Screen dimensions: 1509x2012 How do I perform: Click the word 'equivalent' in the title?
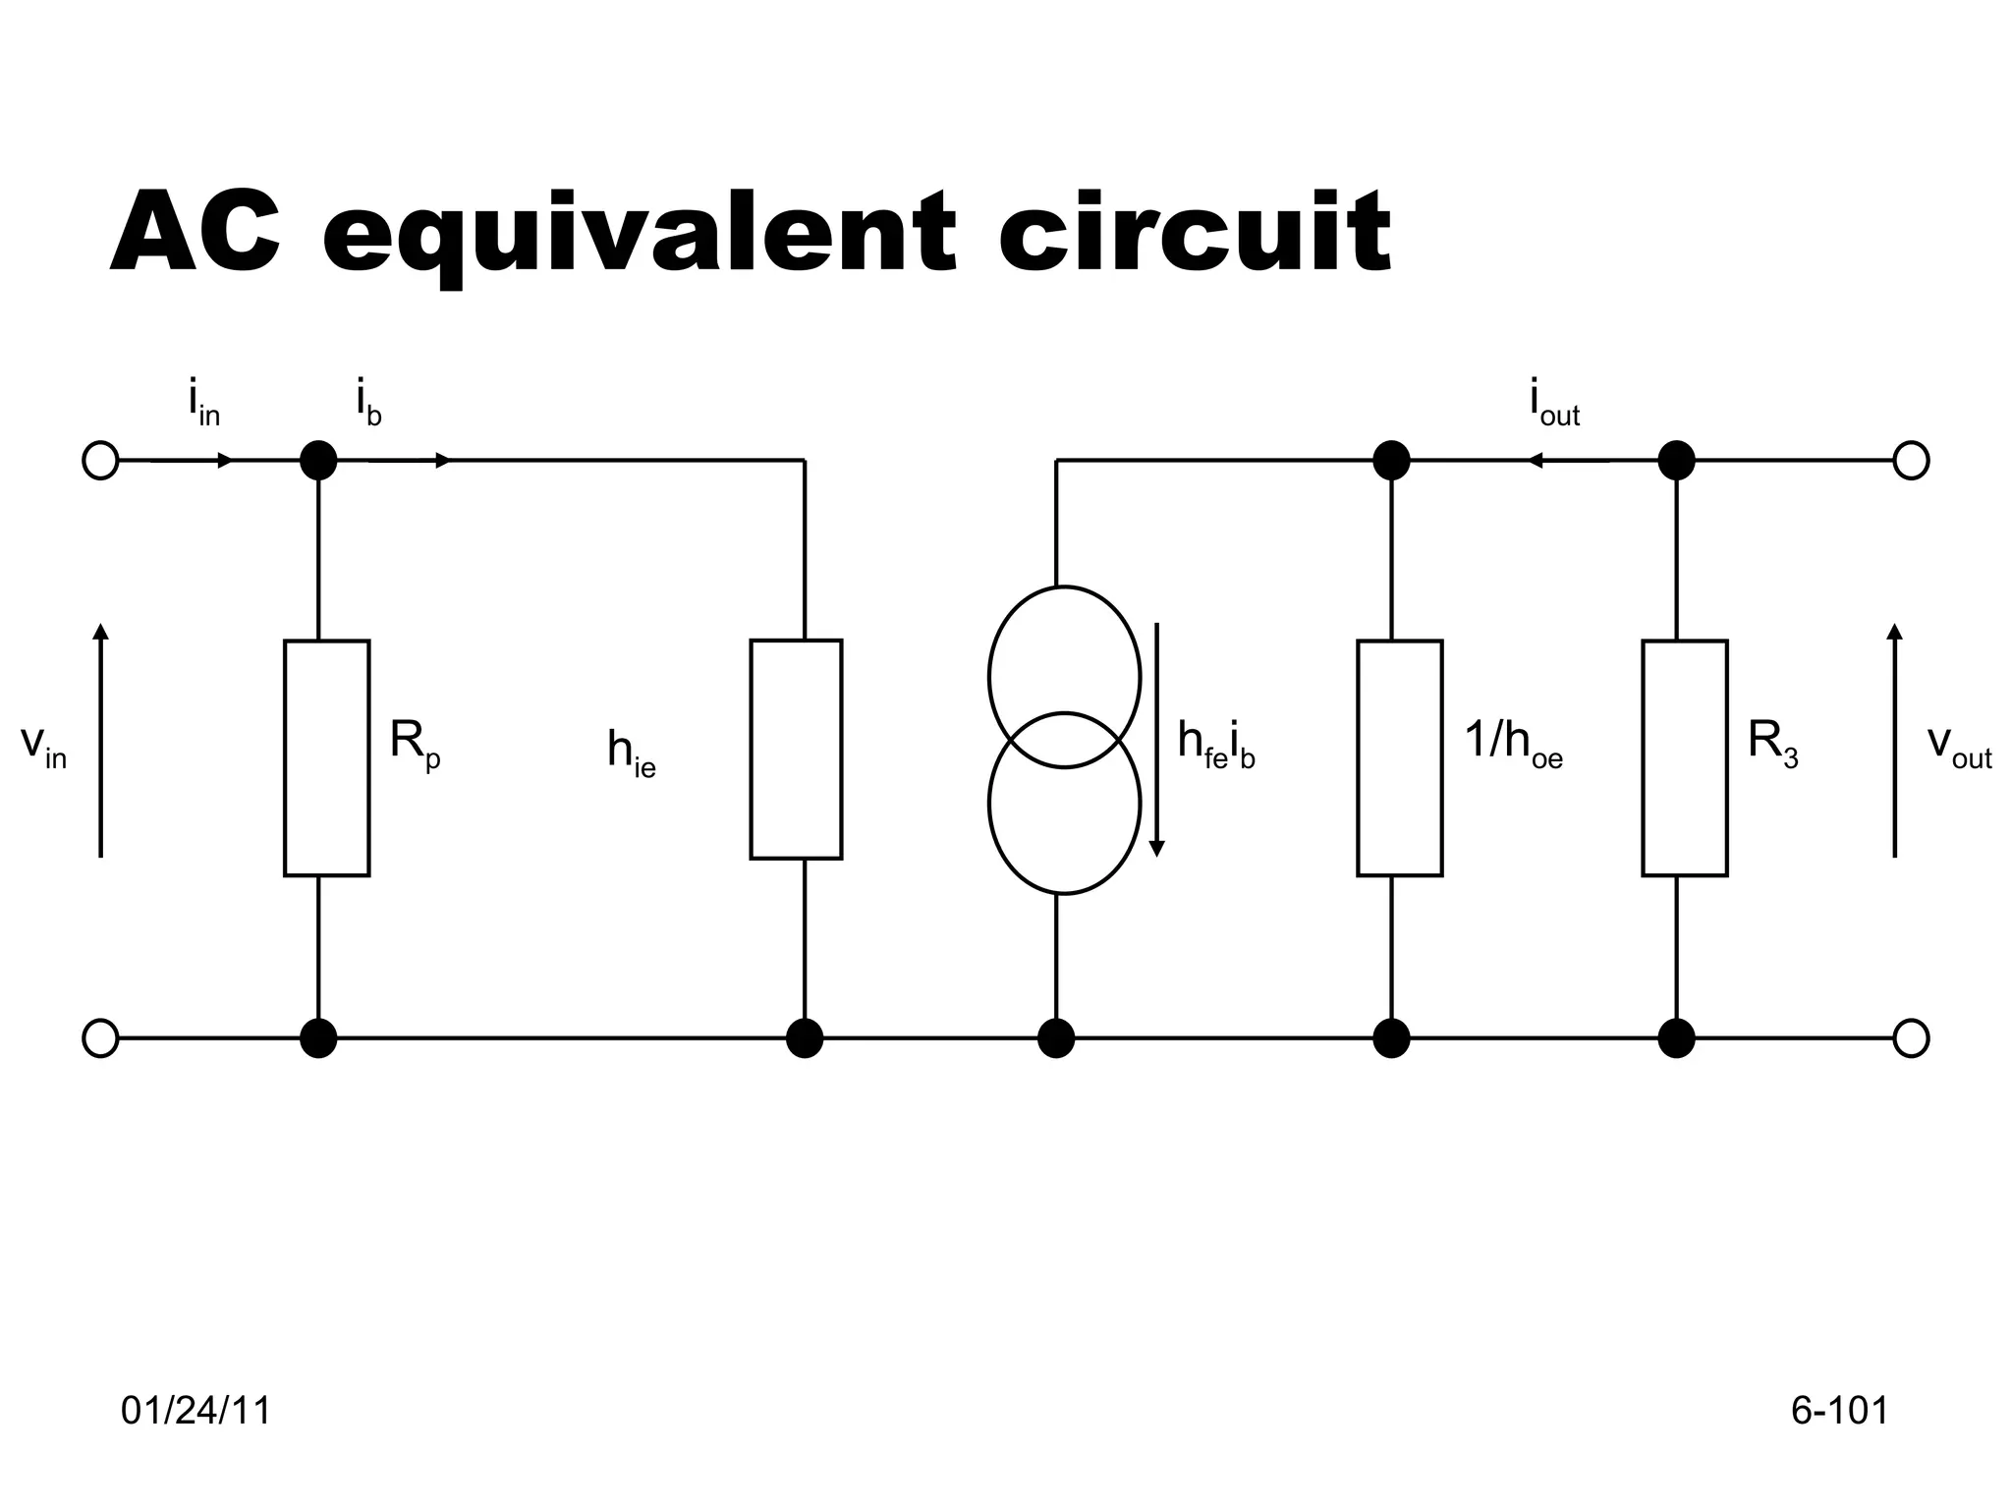[x=639, y=234]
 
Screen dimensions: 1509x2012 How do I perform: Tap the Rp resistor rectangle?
[x=326, y=757]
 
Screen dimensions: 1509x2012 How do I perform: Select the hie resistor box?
[x=796, y=750]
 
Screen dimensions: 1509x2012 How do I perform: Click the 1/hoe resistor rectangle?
[x=1399, y=757]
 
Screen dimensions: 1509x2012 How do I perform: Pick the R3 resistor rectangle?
[x=1684, y=757]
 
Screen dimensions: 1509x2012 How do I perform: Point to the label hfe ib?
[x=1216, y=744]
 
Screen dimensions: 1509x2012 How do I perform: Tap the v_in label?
[x=43, y=746]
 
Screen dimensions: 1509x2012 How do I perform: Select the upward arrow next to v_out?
[x=1894, y=739]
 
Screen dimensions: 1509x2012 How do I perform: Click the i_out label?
[x=1554, y=404]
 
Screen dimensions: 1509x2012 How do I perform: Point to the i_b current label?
[x=368, y=404]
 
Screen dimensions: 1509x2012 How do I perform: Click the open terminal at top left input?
[x=100, y=460]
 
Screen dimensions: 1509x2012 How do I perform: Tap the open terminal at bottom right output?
[x=1910, y=1037]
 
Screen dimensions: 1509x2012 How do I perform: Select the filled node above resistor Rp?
[x=317, y=460]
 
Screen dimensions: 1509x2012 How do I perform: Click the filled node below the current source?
[x=1056, y=1037]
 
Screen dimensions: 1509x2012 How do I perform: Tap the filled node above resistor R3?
[x=1676, y=460]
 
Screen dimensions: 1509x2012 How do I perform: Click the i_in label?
[x=204, y=404]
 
